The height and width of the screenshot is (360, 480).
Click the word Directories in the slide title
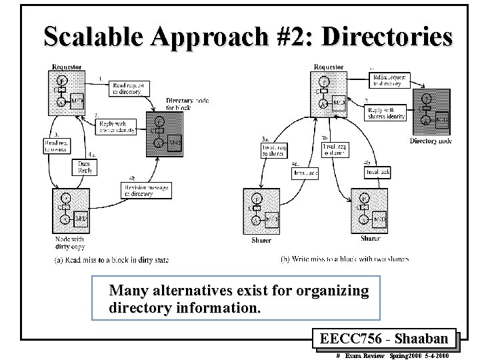(386, 37)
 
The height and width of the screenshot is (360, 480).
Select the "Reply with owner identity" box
(117, 127)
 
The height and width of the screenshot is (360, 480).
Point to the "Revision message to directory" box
(146, 190)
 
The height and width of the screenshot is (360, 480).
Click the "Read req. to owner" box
(52, 146)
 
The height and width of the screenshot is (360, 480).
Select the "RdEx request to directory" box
(388, 81)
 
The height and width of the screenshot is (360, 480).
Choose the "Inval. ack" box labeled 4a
(305, 173)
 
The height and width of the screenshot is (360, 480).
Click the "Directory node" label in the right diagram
(431, 141)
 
